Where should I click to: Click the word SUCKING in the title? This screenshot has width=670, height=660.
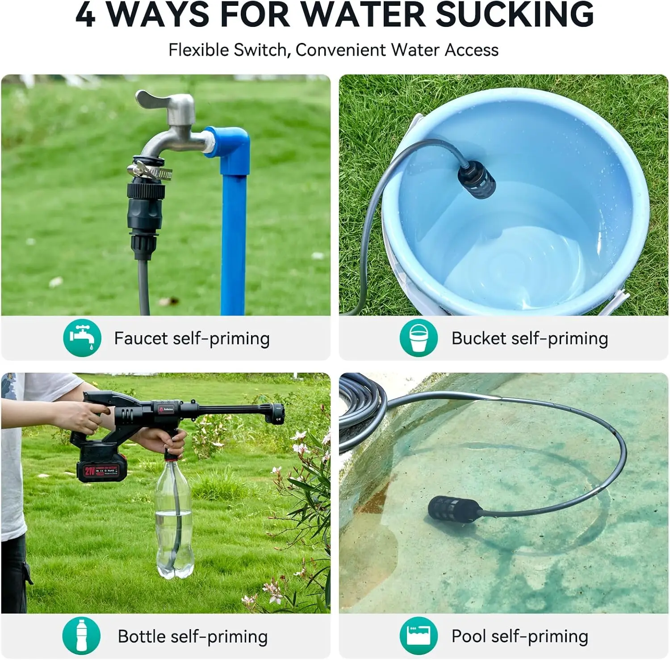click(514, 15)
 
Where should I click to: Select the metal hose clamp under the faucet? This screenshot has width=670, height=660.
click(150, 171)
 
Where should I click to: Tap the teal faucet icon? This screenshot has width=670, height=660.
click(82, 338)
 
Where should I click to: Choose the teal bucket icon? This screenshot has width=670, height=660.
click(418, 338)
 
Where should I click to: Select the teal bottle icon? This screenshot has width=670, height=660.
click(81, 635)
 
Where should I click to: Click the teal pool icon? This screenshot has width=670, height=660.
click(418, 635)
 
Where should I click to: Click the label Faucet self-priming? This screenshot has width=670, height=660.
click(192, 339)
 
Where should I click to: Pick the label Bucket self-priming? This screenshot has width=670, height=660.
click(529, 339)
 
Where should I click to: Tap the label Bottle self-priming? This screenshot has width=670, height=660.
click(193, 636)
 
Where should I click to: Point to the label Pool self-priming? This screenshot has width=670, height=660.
click(519, 636)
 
